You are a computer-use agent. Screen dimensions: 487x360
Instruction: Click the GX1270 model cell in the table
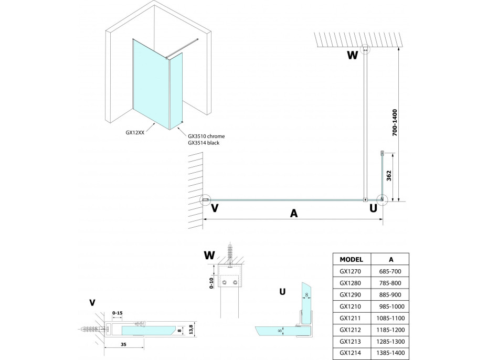pyautogui.click(x=350, y=271)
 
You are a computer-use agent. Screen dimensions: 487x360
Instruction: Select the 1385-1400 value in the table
pyautogui.click(x=390, y=353)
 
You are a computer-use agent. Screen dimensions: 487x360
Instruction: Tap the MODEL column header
pyautogui.click(x=351, y=259)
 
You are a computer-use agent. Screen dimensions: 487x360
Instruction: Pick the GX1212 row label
pyautogui.click(x=350, y=330)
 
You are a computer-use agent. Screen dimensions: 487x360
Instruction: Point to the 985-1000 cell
pyautogui.click(x=391, y=306)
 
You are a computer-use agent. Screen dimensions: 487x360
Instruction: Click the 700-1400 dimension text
pyautogui.click(x=395, y=122)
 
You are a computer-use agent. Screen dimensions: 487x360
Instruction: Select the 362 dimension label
pyautogui.click(x=389, y=175)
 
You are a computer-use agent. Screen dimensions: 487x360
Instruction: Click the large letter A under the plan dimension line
pyautogui.click(x=293, y=213)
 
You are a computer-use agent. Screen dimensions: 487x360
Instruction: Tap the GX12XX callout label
pyautogui.click(x=135, y=133)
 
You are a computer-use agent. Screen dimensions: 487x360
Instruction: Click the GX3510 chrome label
pyautogui.click(x=206, y=136)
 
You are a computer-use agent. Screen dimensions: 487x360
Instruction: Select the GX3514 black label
pyautogui.click(x=204, y=143)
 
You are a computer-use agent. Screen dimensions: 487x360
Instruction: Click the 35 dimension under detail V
pyautogui.click(x=124, y=344)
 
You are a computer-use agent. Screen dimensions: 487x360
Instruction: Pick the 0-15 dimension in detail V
pyautogui.click(x=118, y=313)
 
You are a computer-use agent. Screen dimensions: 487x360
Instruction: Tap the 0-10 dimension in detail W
pyautogui.click(x=211, y=283)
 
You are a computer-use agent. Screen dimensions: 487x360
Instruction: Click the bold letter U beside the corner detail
pyautogui.click(x=282, y=292)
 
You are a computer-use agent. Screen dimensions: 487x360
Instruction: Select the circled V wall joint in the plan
pyautogui.click(x=205, y=200)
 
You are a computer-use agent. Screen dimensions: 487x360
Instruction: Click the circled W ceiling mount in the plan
pyautogui.click(x=366, y=49)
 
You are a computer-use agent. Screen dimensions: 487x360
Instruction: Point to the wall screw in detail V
pyautogui.click(x=91, y=329)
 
